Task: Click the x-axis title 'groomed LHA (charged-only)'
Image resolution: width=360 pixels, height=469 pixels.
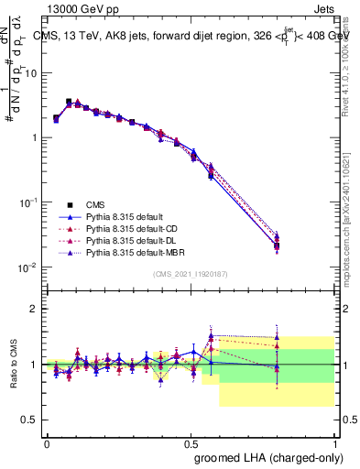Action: click(266, 457)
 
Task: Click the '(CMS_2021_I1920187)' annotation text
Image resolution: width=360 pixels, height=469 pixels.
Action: click(190, 274)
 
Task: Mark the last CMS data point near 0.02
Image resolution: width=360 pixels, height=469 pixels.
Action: click(277, 245)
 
